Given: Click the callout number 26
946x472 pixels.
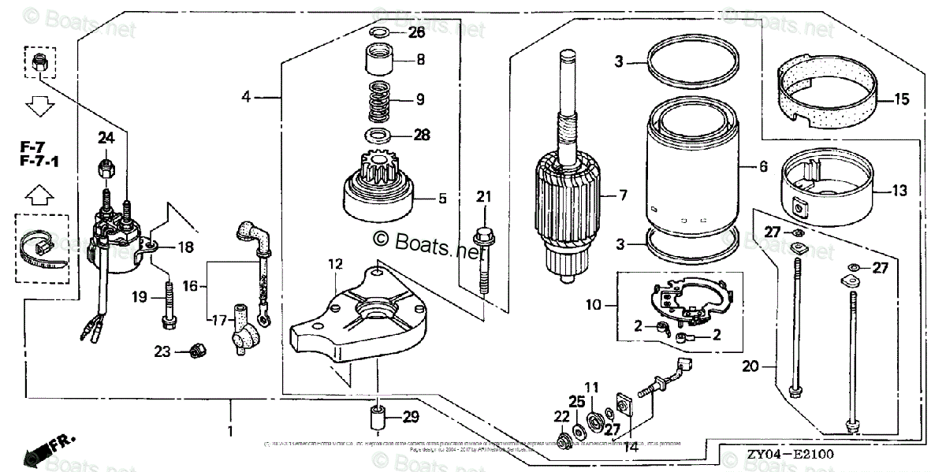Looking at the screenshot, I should coord(416,32).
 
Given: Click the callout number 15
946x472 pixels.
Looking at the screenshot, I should coord(901,99).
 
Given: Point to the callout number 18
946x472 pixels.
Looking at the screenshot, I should coord(185,247).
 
